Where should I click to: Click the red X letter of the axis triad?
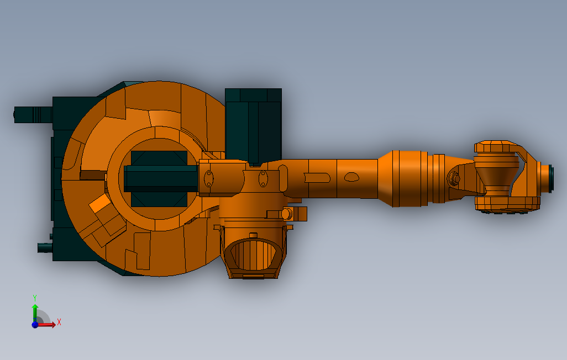[59, 322]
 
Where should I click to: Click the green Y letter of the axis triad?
[35, 298]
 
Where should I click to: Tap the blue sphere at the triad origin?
[35, 325]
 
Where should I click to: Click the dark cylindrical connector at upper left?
[33, 115]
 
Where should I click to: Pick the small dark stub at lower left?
[45, 248]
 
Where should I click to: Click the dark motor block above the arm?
[253, 126]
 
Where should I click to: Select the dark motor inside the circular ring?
[160, 179]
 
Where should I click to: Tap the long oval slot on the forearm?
[317, 178]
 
